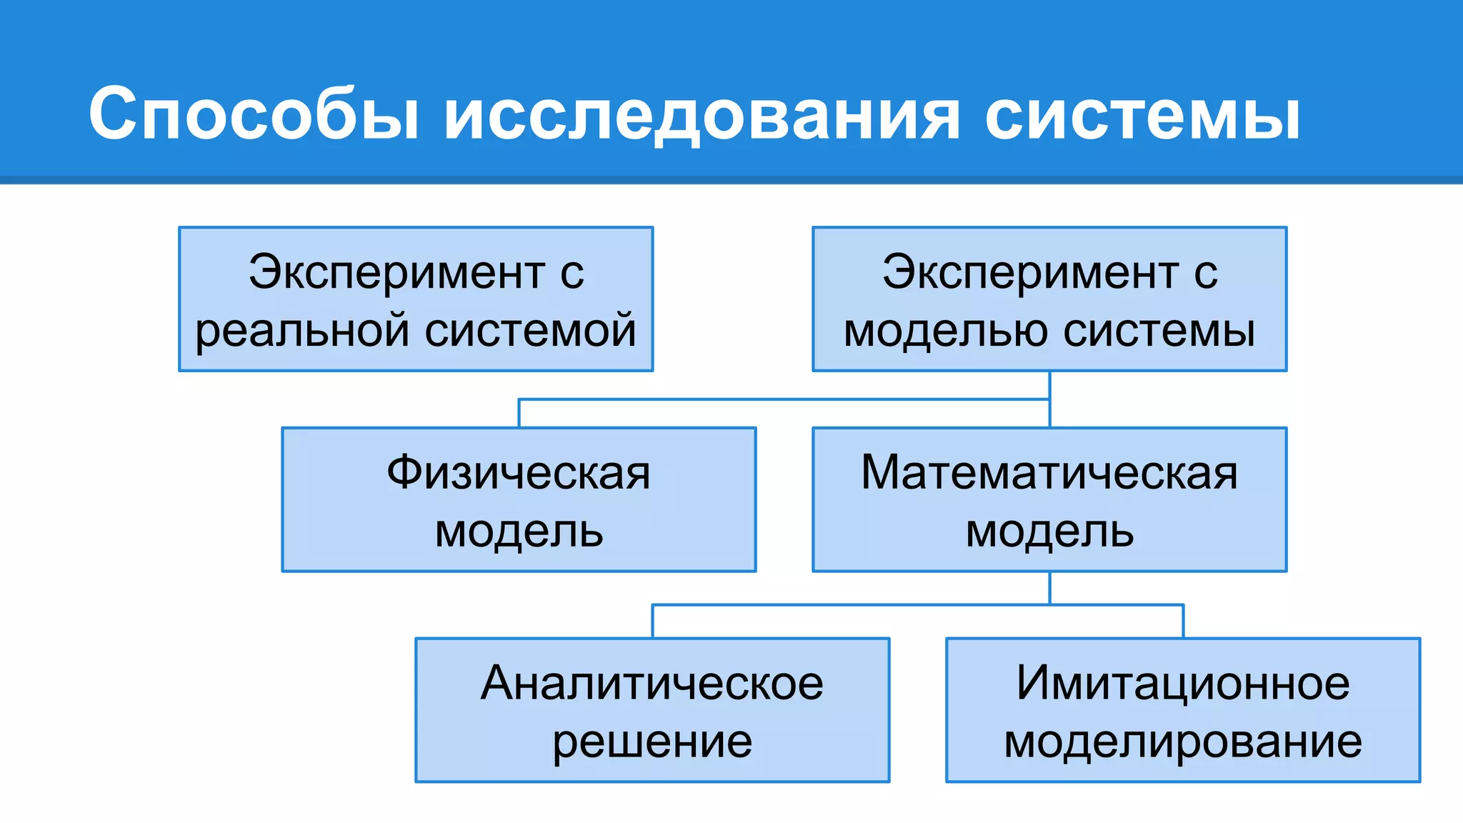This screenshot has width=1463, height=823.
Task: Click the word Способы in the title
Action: click(254, 114)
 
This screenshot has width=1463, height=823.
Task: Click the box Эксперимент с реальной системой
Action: click(416, 299)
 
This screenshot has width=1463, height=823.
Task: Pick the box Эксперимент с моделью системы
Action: click(1049, 299)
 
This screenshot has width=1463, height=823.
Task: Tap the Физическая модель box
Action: click(519, 499)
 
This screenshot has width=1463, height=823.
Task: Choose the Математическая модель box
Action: click(1049, 499)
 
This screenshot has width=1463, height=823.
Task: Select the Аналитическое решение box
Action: click(652, 710)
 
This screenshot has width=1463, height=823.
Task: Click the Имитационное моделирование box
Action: click(1183, 710)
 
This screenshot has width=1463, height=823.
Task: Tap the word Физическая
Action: click(519, 473)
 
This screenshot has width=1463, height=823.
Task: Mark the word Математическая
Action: click(1049, 473)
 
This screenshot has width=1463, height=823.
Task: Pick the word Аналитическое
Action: click(652, 683)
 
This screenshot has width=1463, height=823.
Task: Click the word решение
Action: click(652, 742)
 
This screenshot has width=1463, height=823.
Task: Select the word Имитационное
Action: click(1183, 683)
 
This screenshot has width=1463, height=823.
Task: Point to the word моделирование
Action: click(1183, 742)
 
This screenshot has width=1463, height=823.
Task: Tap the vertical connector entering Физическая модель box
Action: click(519, 414)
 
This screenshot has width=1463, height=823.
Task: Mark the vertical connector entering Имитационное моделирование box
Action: click(1183, 622)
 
